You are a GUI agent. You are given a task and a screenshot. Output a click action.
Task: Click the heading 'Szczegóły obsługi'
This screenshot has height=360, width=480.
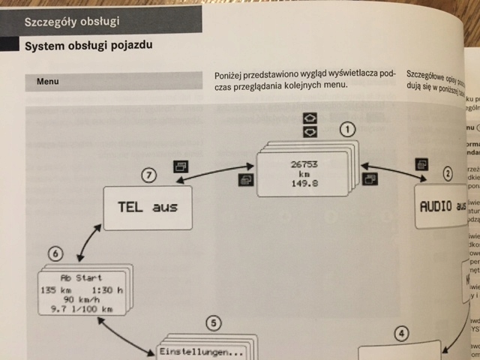point(71,21)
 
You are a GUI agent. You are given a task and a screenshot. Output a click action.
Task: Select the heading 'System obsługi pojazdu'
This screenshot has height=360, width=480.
point(88,46)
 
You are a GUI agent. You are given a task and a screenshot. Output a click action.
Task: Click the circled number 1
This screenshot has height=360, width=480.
point(346,129)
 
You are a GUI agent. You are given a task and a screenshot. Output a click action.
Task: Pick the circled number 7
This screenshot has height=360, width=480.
point(149,176)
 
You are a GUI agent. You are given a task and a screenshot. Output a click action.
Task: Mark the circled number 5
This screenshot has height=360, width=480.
point(213,344)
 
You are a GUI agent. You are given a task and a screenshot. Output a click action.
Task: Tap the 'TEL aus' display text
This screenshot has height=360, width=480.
point(148,206)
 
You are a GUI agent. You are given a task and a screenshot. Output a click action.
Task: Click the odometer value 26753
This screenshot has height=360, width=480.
point(306,163)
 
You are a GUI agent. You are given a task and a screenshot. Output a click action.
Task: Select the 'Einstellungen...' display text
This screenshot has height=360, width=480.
point(201,352)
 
